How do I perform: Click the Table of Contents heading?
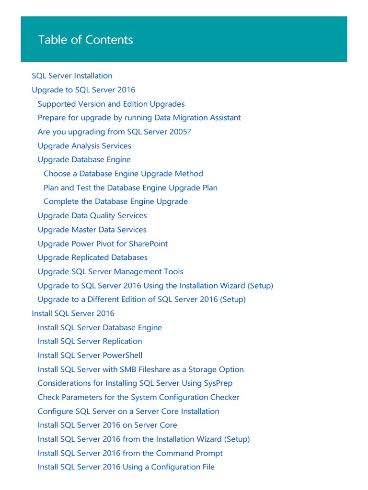click(86, 40)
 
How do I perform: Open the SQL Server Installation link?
click(72, 76)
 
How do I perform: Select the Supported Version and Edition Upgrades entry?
click(111, 104)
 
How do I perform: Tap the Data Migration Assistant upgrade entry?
click(139, 118)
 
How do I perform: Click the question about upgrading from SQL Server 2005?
click(114, 132)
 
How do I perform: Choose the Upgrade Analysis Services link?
click(84, 146)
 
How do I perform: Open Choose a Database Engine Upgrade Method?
click(123, 174)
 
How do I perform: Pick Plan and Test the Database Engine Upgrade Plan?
click(130, 188)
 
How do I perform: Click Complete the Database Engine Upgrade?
click(115, 201)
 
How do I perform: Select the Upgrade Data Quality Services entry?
click(92, 215)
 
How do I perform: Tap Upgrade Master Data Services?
click(92, 230)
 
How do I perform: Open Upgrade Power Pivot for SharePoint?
click(103, 244)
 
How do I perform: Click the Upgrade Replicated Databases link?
click(92, 257)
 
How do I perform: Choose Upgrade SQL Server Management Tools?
click(110, 271)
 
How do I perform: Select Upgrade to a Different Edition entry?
click(141, 300)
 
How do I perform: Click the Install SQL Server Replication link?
click(90, 341)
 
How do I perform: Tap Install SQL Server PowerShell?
click(90, 355)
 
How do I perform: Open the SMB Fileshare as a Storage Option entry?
click(140, 369)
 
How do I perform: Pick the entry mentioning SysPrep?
click(135, 383)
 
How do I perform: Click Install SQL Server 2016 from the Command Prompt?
click(130, 453)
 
